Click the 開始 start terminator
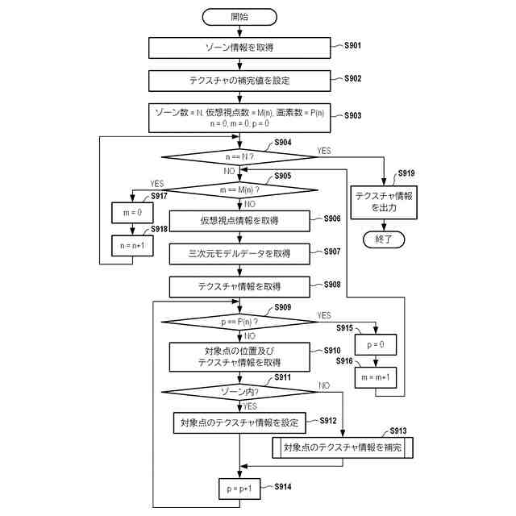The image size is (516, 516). click(239, 17)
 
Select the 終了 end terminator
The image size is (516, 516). click(384, 239)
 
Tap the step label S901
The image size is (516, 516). click(352, 45)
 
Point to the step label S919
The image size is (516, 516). click(406, 173)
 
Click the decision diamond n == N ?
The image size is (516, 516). click(239, 157)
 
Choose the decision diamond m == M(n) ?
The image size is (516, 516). click(239, 190)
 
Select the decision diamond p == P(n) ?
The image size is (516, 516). click(239, 322)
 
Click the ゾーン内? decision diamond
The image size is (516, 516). click(239, 392)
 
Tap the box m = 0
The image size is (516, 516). click(132, 213)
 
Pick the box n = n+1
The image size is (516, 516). click(132, 245)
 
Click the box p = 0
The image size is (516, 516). click(376, 344)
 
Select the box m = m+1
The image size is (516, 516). click(376, 377)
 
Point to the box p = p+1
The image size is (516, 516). click(239, 489)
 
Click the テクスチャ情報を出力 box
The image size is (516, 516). click(384, 202)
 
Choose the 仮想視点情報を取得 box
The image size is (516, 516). click(239, 221)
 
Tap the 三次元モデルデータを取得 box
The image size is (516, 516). click(239, 254)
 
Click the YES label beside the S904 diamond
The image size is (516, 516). click(324, 151)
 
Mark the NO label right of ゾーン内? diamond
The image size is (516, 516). click(324, 385)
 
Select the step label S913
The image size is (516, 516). click(398, 431)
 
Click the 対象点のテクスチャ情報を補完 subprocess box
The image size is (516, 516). click(343, 447)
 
